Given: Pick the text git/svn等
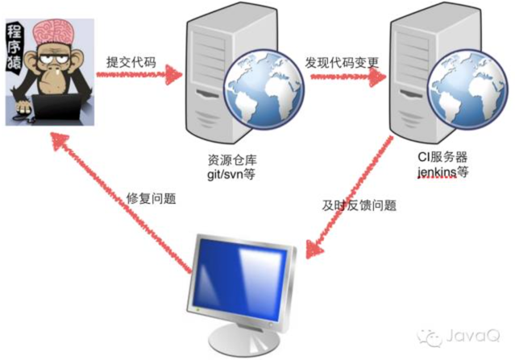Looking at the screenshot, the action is click(x=230, y=172).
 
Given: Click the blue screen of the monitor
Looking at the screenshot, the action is click(x=240, y=275).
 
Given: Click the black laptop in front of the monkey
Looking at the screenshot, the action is click(x=57, y=108).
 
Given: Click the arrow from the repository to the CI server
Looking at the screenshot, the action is click(x=343, y=77).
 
